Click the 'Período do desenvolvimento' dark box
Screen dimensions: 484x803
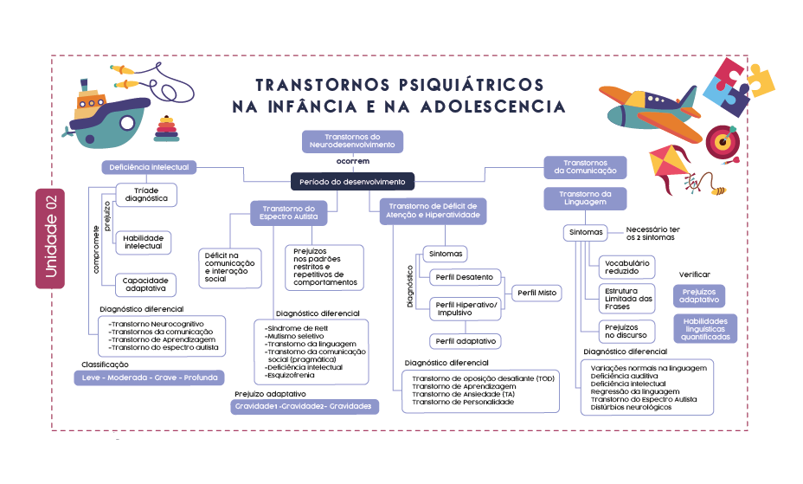tap(352, 182)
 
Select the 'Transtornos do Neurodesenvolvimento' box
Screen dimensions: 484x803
tap(352, 141)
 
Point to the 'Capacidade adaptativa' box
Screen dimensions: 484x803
tap(145, 285)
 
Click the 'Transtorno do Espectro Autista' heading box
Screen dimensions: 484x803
tap(288, 212)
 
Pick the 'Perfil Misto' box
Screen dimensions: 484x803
tap(536, 293)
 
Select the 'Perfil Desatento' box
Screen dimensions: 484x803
tap(464, 277)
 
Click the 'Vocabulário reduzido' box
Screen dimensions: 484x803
tap(626, 267)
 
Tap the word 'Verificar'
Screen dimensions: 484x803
tap(695, 274)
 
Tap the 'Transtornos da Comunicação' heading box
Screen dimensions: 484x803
tap(585, 166)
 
